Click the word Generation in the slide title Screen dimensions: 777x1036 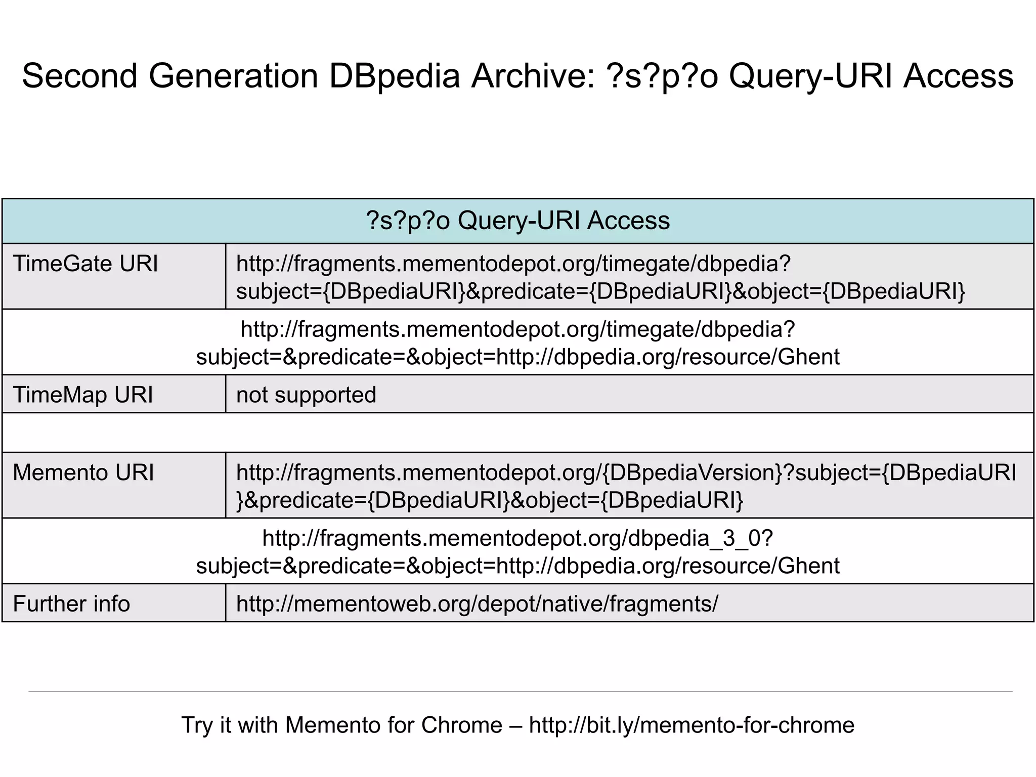click(x=233, y=76)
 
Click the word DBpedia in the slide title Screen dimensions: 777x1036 click(x=395, y=76)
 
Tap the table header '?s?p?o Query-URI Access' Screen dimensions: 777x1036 click(x=517, y=221)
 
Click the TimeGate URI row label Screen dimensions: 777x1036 click(x=85, y=264)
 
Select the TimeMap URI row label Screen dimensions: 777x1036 click(x=83, y=395)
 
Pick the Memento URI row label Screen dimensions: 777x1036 click(x=83, y=472)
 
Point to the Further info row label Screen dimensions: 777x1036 click(x=71, y=604)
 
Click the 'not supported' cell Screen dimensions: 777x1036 click(x=306, y=395)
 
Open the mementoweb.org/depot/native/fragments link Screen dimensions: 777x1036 click(x=477, y=604)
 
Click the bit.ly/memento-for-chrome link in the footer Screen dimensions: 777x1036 click(x=692, y=725)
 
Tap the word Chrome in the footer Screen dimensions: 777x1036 click(x=461, y=725)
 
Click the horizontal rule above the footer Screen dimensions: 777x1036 click(x=520, y=692)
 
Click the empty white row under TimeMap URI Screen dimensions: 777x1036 click(x=517, y=433)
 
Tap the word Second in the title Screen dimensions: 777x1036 click(x=80, y=76)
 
